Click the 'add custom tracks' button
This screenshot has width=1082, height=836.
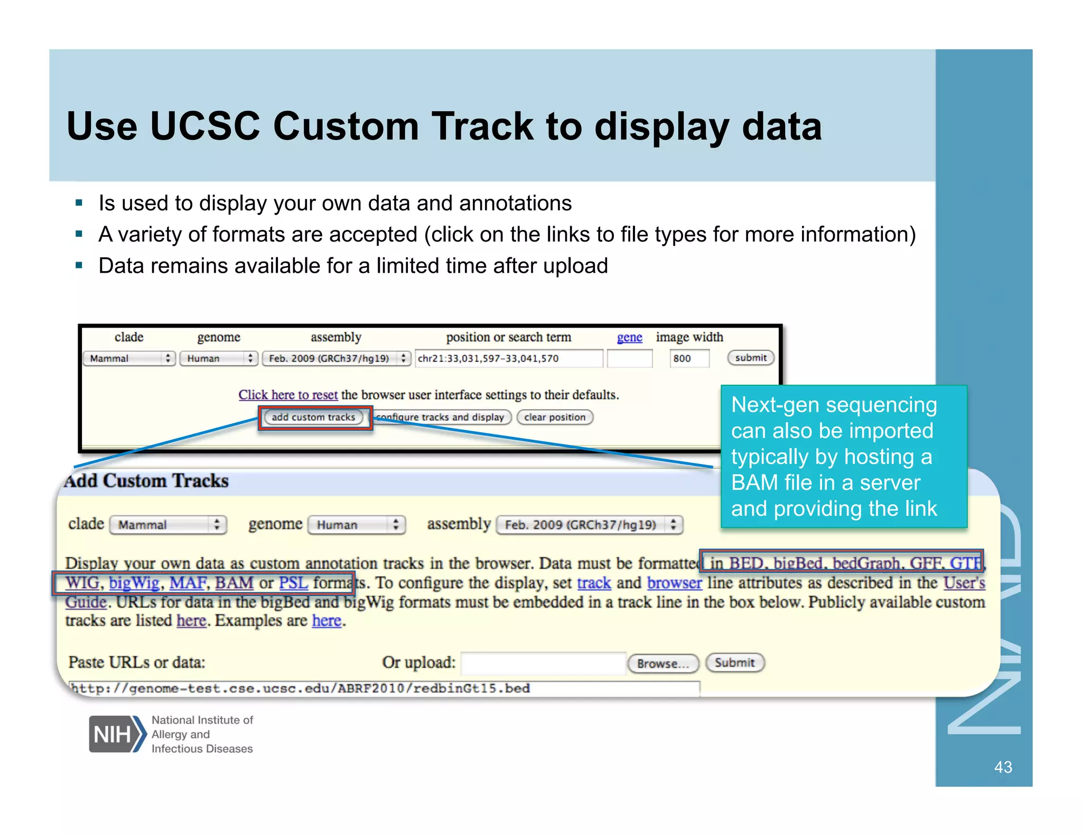coord(313,417)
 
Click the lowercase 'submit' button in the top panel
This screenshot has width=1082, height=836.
coord(750,358)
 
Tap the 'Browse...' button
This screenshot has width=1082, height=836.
coord(663,663)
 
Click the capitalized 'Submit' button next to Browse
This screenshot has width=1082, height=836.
coord(734,663)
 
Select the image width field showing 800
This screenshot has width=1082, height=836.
coord(688,358)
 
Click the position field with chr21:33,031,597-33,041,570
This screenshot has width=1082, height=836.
coord(508,358)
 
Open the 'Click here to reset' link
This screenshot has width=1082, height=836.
coord(288,395)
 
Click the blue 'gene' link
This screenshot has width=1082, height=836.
coord(629,337)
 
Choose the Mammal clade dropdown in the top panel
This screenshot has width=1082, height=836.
coord(128,358)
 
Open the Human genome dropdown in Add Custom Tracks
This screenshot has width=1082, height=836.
coord(356,525)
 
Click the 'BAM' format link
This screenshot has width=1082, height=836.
coord(234,583)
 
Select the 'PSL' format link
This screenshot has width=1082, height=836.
coord(293,583)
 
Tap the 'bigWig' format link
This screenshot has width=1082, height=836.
coord(134,583)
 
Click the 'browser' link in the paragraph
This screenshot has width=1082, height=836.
coord(674,583)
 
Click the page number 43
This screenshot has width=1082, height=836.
coord(1003,767)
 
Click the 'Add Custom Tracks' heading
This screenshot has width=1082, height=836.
coord(147,481)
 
